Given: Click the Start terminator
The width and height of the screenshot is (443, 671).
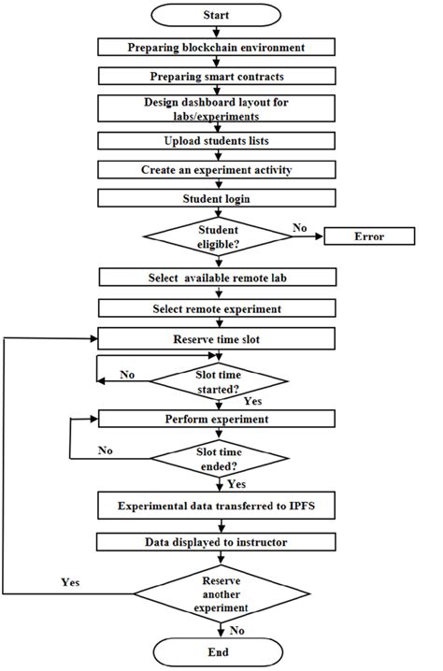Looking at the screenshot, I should pyautogui.click(x=217, y=16).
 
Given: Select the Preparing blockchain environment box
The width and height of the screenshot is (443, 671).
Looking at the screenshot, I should pyautogui.click(x=217, y=47).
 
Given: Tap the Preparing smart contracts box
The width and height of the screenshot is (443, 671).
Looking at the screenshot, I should pyautogui.click(x=217, y=76).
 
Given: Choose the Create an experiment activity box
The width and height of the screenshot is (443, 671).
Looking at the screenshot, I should pyautogui.click(x=217, y=171).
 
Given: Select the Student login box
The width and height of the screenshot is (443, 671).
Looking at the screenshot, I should pyautogui.click(x=217, y=200).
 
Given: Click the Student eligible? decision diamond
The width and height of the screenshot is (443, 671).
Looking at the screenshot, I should pyautogui.click(x=217, y=236).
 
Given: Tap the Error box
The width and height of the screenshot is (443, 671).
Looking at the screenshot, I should pyautogui.click(x=368, y=236).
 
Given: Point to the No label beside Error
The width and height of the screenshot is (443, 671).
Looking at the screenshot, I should pyautogui.click(x=299, y=226).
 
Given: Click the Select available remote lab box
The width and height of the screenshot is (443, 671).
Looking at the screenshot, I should pyautogui.click(x=217, y=278).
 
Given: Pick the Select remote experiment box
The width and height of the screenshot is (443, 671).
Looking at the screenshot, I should pyautogui.click(x=217, y=307).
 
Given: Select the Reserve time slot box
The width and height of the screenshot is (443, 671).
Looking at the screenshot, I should pyautogui.click(x=217, y=337).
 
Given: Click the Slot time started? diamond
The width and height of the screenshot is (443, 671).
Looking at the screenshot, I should pyautogui.click(x=221, y=379).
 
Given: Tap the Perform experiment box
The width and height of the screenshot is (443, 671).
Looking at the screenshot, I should pyautogui.click(x=217, y=419).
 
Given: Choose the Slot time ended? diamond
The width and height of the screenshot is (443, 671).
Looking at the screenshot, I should pyautogui.click(x=221, y=457).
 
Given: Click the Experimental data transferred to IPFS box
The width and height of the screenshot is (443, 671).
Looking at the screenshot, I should pyautogui.click(x=217, y=506).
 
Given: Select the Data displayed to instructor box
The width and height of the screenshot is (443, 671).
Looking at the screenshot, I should pyautogui.click(x=217, y=542).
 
